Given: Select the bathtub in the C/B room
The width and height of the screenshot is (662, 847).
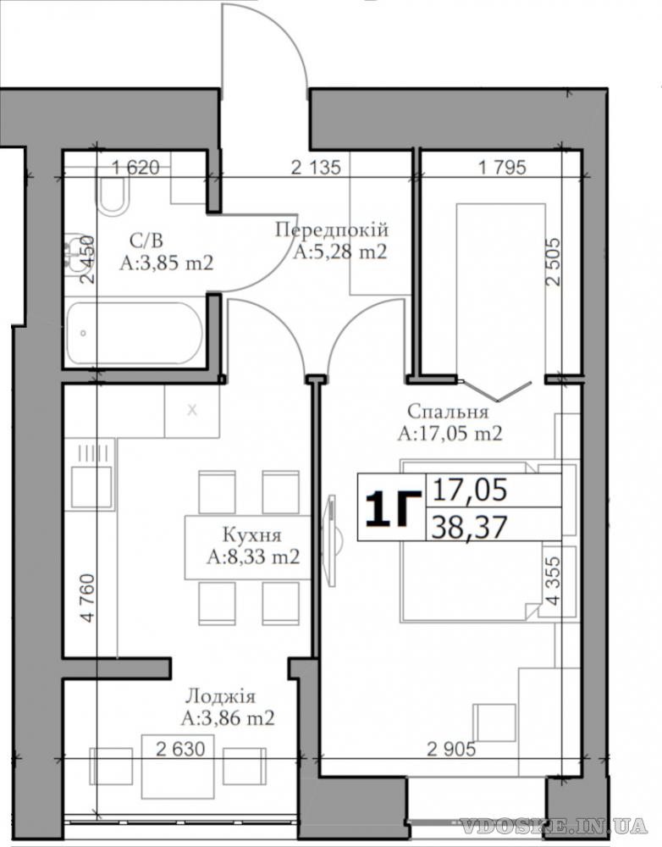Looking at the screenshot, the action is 135,333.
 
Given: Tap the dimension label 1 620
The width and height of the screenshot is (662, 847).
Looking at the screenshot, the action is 135,168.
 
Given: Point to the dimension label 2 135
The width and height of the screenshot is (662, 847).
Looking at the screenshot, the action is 316,168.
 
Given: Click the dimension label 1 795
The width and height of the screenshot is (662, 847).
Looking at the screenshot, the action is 502,168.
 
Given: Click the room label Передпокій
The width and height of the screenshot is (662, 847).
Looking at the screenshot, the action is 332,230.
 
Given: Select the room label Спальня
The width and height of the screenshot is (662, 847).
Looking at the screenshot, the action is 448,412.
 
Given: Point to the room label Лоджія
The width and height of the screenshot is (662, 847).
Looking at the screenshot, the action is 221,696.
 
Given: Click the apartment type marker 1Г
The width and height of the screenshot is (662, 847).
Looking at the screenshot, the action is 393,508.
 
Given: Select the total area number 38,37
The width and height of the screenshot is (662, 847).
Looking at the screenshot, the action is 471,527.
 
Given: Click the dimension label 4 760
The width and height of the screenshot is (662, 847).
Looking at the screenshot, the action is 87,599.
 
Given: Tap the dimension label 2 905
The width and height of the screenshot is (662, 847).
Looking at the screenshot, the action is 451,750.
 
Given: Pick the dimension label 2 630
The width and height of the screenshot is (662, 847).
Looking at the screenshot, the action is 180,750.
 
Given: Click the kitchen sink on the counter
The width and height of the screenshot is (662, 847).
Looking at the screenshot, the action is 91,487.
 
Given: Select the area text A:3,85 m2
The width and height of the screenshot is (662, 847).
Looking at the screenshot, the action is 166,263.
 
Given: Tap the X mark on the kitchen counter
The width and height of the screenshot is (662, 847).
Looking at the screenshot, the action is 192,411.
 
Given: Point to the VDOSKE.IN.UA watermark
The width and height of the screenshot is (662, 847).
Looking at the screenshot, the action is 554,825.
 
